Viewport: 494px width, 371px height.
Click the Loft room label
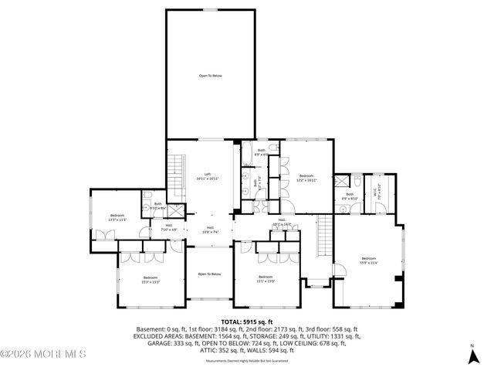207,176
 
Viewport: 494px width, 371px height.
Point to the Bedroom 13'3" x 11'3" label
117,217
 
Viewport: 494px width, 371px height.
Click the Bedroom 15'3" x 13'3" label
150,279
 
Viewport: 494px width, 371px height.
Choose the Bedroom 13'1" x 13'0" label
266,279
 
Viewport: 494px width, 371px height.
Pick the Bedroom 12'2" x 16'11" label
306,177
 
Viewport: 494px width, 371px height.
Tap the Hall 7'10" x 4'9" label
169,228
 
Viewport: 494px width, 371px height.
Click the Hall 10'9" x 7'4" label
209,230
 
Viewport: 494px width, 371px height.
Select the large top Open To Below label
211,76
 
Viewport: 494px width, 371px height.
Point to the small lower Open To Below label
209,274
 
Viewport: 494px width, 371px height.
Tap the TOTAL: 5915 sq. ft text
247,321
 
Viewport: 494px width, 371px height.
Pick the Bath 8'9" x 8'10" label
350,196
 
